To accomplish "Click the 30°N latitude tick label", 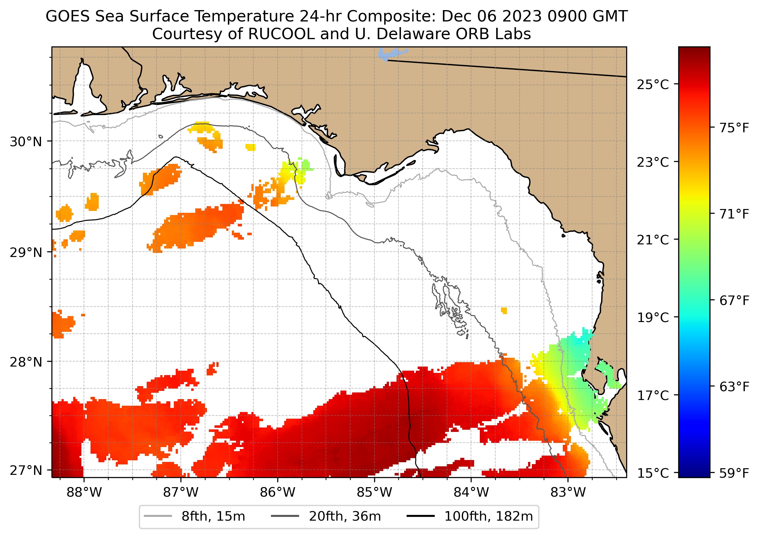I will [26, 142].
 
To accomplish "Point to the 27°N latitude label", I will [26, 470].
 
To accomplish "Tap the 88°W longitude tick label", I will [84, 493].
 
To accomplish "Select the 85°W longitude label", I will [374, 493].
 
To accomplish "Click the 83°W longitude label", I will [568, 493].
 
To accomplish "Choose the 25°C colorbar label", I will [653, 85].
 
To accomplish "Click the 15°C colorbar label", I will [653, 473].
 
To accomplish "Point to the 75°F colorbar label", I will [734, 128].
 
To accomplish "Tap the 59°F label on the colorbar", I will [734, 473].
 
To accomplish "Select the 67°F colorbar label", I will [734, 301].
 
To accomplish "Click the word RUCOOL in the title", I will [281, 34].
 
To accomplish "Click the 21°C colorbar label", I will [653, 240].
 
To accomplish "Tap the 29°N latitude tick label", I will [26, 253].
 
